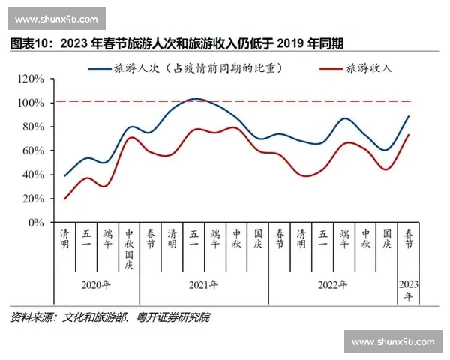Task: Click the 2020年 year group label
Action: click(x=96, y=285)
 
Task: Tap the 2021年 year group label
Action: click(x=203, y=285)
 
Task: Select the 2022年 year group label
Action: click(x=332, y=285)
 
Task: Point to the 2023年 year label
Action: click(x=408, y=290)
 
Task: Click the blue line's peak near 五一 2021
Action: click(x=195, y=98)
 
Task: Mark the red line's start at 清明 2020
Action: click(x=65, y=199)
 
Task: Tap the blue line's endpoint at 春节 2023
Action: click(x=408, y=116)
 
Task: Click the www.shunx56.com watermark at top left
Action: click(x=56, y=18)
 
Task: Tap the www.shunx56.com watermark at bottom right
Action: click(x=393, y=342)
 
